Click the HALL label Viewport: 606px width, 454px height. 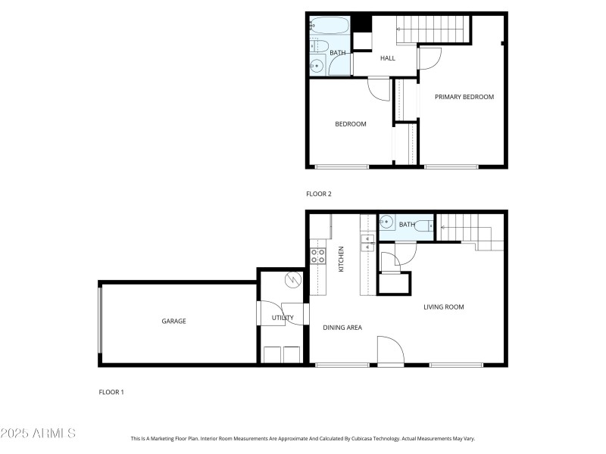387,58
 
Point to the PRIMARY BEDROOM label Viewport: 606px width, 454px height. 464,97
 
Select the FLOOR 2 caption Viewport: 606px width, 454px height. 318,194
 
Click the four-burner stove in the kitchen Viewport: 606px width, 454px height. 318,257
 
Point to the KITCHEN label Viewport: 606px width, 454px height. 342,259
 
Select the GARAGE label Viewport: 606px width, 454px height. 173,321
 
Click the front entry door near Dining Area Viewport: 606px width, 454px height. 391,353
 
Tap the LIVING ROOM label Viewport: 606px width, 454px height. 443,306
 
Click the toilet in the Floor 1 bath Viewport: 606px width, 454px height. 426,225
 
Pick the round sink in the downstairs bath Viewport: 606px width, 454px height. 386,223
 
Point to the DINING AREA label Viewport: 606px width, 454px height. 342,328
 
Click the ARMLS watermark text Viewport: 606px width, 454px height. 38,434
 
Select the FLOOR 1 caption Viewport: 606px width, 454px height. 111,392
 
